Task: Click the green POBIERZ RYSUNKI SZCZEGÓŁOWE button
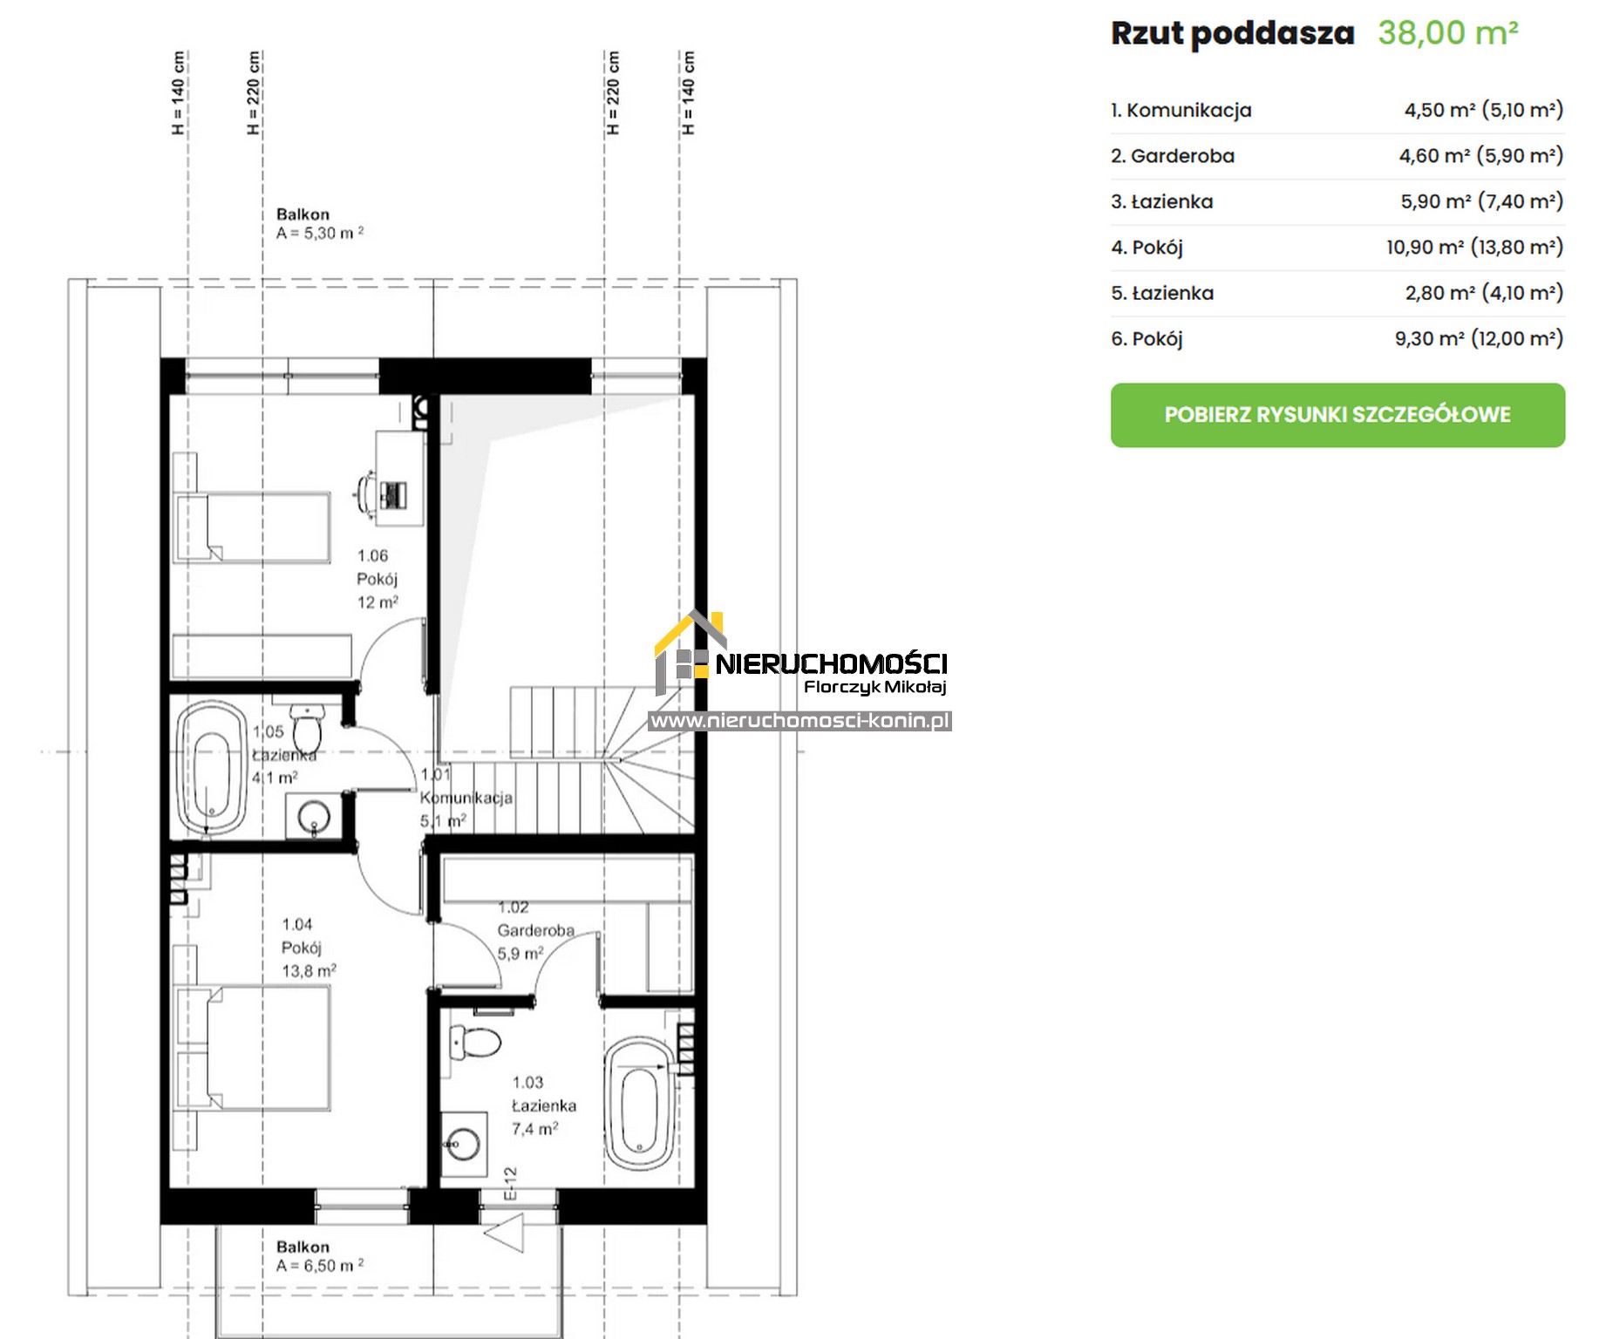tap(1337, 415)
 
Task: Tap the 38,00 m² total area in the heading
tap(1448, 33)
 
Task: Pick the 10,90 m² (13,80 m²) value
tap(1475, 248)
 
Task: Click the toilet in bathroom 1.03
tap(475, 1041)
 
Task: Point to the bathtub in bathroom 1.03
tap(641, 1104)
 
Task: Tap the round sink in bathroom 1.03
tap(463, 1144)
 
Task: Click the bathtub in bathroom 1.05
tap(212, 767)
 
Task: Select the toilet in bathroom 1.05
tap(308, 725)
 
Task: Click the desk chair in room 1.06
tap(365, 495)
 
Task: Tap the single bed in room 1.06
tap(252, 527)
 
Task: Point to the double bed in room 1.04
tap(253, 1048)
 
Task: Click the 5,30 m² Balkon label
tap(320, 224)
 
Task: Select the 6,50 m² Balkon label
tap(320, 1256)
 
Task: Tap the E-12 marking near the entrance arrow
tap(511, 1184)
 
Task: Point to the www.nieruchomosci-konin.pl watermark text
tap(799, 721)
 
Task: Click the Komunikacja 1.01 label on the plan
tap(466, 798)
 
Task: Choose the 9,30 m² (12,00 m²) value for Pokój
tap(1479, 338)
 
